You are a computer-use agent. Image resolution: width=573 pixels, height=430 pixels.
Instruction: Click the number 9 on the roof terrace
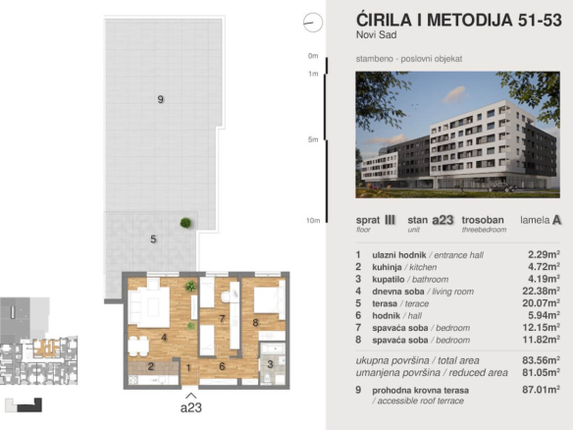click(161, 99)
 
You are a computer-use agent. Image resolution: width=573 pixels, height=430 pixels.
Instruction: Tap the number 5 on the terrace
click(153, 240)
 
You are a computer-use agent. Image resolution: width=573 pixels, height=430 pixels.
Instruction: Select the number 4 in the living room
click(164, 338)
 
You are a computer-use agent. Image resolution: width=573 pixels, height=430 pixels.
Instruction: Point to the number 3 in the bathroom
click(270, 364)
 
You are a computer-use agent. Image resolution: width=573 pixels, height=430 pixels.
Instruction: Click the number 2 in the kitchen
click(150, 366)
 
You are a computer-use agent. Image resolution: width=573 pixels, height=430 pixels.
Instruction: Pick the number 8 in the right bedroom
click(255, 322)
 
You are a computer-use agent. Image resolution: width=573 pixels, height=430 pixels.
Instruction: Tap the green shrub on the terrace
click(185, 223)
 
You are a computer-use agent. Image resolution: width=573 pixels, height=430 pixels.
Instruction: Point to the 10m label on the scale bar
click(313, 221)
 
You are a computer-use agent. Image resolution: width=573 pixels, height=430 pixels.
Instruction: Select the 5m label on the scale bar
click(313, 139)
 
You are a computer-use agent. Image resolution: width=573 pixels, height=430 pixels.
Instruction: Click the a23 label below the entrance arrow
click(191, 407)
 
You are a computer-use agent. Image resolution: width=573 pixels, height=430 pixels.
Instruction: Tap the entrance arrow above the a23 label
click(190, 396)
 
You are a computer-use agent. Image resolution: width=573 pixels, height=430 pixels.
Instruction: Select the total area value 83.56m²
click(541, 360)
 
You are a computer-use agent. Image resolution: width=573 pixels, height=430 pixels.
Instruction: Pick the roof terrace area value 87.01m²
click(541, 390)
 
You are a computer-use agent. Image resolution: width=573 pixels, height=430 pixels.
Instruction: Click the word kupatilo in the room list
click(389, 280)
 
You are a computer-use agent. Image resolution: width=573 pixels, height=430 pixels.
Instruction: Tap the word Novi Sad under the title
click(377, 34)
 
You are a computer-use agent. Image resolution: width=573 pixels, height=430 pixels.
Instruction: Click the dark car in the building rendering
click(502, 188)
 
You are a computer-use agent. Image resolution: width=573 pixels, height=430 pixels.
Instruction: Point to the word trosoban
click(483, 220)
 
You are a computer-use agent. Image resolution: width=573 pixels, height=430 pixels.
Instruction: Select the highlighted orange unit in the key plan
click(47, 349)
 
